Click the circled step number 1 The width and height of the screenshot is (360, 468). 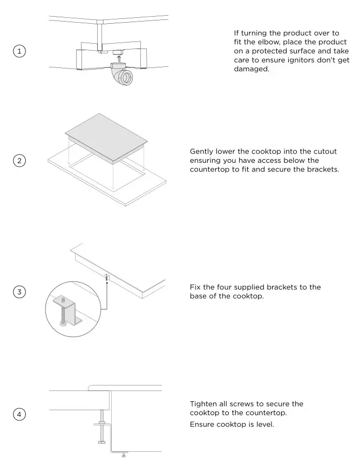point(19,51)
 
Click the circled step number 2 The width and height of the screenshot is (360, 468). point(19,161)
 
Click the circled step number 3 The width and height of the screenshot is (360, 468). point(19,292)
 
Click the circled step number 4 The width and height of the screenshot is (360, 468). point(19,414)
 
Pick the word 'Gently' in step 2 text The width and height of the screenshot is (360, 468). point(203,152)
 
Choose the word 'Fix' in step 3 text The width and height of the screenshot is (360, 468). point(196,287)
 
